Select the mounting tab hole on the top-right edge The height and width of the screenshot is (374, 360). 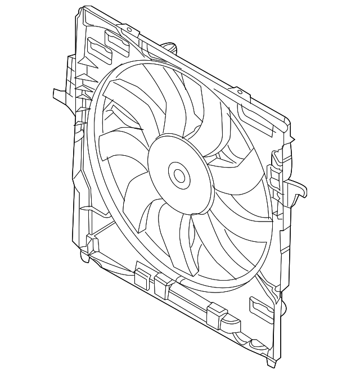240,91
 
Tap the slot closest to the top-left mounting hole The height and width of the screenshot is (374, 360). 116,39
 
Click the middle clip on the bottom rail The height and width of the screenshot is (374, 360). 163,285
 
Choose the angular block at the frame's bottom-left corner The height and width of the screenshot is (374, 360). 92,245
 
